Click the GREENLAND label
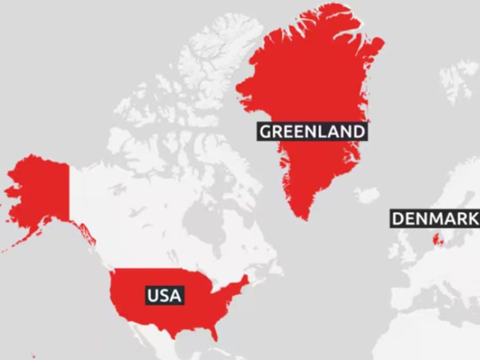[x=312, y=132]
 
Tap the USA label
[x=164, y=295]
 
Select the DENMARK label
[x=435, y=219]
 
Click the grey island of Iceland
[x=367, y=195]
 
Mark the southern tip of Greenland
[x=304, y=218]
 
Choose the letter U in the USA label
[x=152, y=295]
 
